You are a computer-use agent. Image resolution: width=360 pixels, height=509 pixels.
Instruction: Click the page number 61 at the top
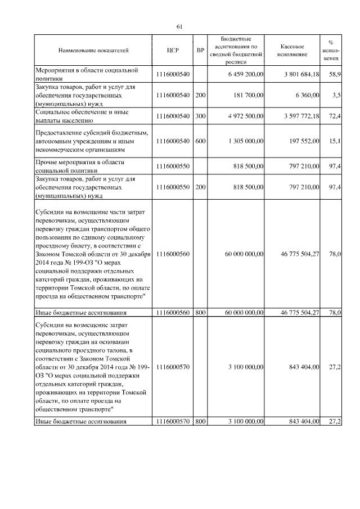point(179,26)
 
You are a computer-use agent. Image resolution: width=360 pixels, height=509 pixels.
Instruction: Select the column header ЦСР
point(173,51)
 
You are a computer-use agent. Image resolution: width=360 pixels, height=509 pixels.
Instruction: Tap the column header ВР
point(200,51)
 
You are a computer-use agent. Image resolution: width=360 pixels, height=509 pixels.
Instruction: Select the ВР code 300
point(200,116)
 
